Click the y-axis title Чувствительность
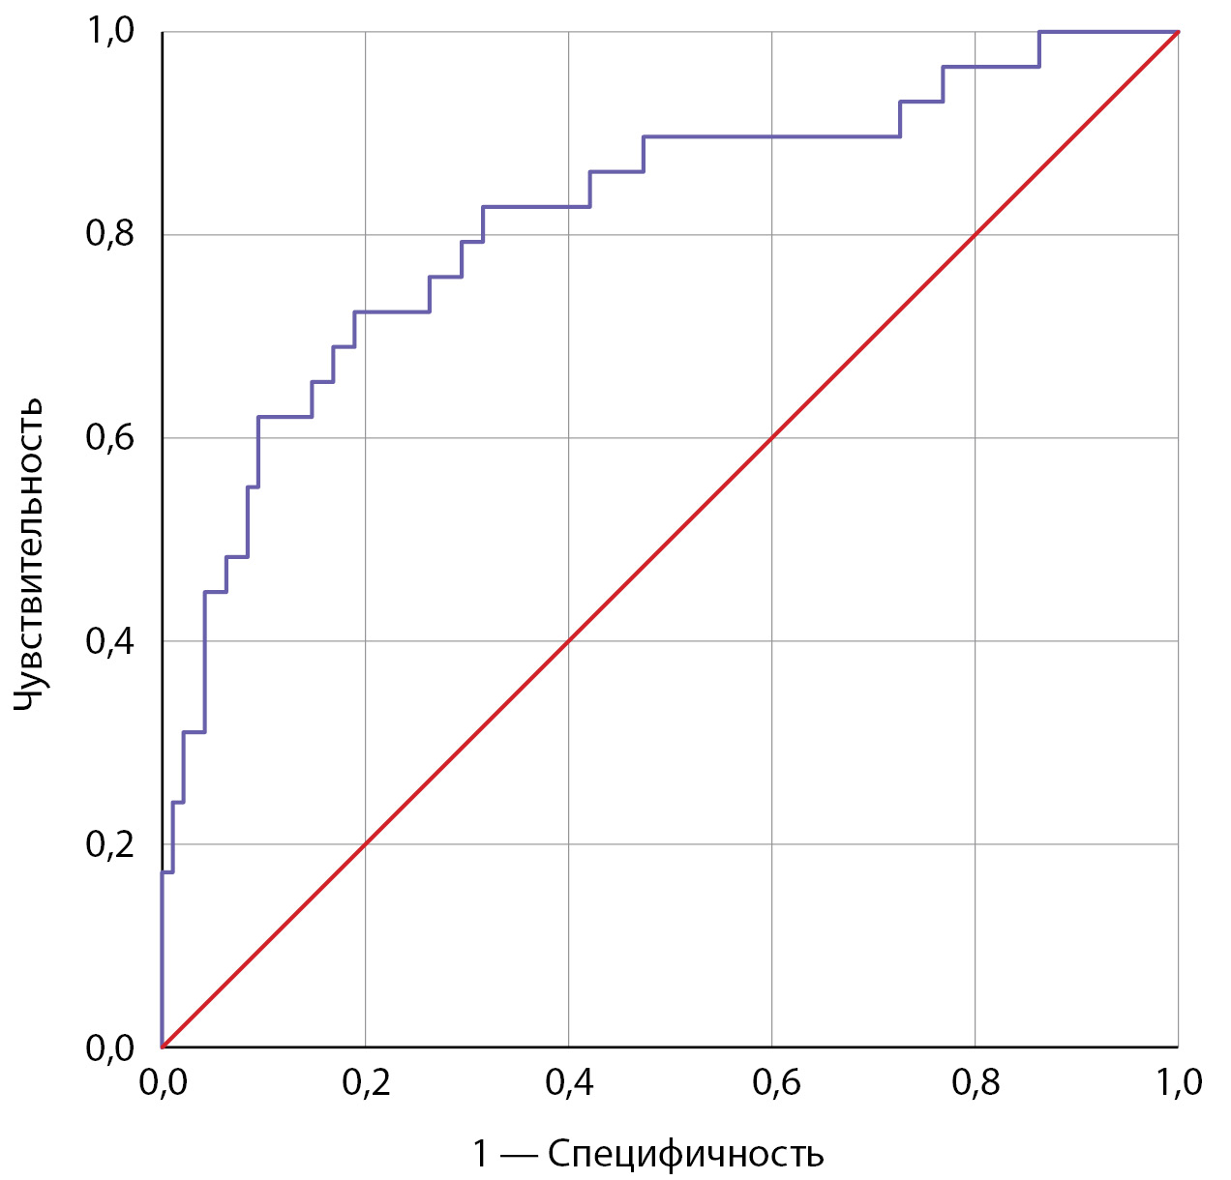(29, 555)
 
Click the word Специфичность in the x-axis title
(685, 1154)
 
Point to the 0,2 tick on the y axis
(110, 844)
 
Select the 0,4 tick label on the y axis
(110, 641)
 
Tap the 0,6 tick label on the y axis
(110, 438)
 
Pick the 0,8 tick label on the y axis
(110, 235)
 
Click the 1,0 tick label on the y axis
(110, 32)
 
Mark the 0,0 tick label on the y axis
(110, 1047)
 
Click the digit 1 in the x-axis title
(481, 1154)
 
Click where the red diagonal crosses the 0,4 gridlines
(569, 641)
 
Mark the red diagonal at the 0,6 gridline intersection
(772, 438)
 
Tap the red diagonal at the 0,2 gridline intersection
(366, 844)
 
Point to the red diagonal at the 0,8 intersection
(976, 235)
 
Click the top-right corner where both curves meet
(1178, 32)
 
